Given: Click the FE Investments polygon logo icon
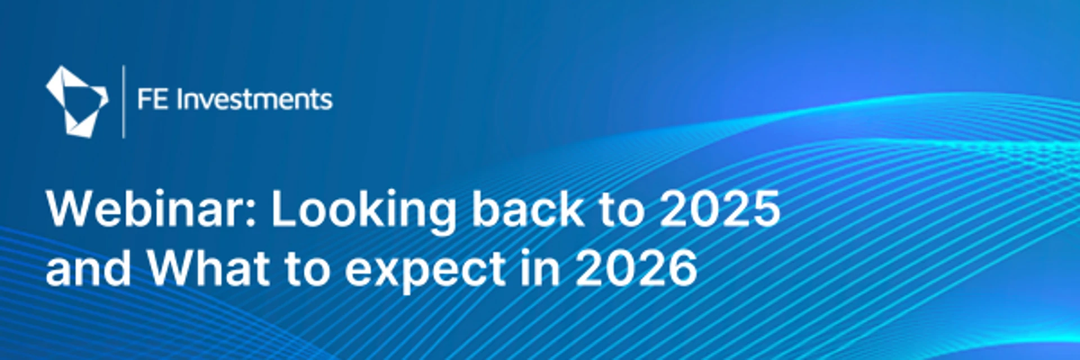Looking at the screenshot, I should coord(76,102).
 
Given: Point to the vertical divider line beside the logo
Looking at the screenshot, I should coord(124,102).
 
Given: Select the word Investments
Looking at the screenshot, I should coord(255,100).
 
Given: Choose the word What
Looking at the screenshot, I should coord(209,268).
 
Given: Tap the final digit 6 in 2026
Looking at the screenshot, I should coord(682,268).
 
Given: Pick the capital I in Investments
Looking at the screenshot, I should coord(179,100).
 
